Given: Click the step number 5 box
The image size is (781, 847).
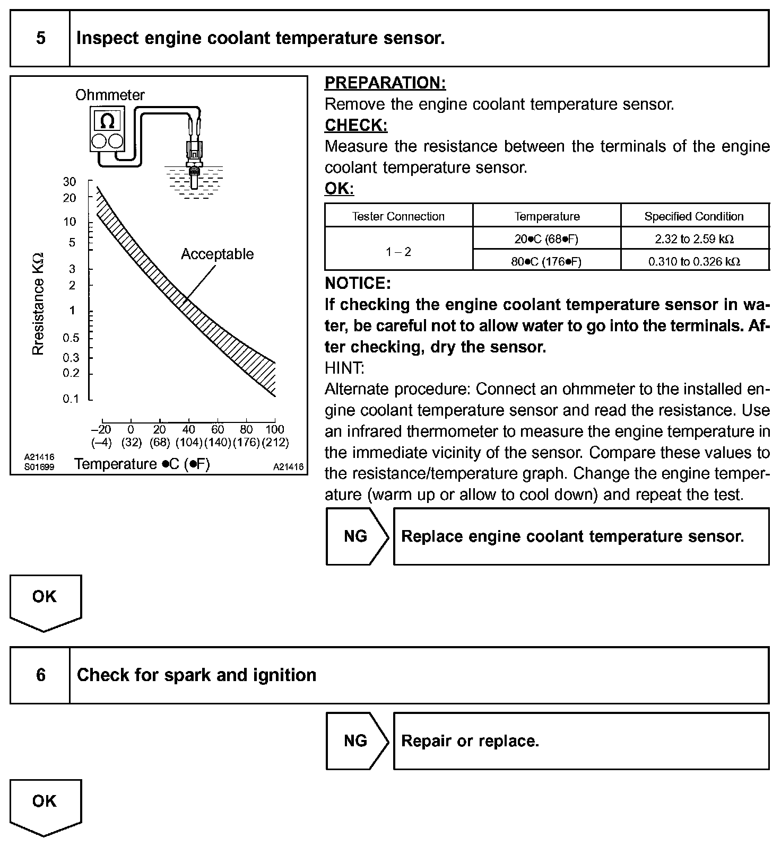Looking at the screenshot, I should (x=40, y=38).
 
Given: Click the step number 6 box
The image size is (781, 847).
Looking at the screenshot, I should (x=40, y=675).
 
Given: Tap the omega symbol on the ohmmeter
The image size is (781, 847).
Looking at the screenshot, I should (x=107, y=121).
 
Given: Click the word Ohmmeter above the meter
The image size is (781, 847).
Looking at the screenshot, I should (x=110, y=95).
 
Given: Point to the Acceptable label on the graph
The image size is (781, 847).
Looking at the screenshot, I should (x=217, y=254).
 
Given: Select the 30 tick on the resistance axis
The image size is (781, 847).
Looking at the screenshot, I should (x=70, y=182).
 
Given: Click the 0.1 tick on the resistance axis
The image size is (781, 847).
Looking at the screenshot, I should (x=71, y=399).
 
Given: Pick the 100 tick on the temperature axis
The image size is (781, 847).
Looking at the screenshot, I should (x=275, y=429).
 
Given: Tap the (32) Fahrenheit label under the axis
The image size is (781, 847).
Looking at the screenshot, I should (x=131, y=442).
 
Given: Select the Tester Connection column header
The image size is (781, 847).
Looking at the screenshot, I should (x=398, y=216).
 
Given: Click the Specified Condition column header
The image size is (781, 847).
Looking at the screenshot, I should (x=694, y=216).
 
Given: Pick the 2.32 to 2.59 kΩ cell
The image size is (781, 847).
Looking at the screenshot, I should (x=694, y=239).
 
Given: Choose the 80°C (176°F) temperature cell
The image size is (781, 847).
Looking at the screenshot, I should (x=546, y=261).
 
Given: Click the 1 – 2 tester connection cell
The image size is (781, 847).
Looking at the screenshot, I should (x=398, y=252).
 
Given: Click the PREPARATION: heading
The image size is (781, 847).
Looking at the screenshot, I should (x=385, y=83).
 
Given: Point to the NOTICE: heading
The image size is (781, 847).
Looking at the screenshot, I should (x=358, y=284).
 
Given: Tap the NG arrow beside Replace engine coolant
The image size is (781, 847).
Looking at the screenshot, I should (x=357, y=536).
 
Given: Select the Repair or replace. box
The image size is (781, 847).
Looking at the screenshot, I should (x=581, y=741).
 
